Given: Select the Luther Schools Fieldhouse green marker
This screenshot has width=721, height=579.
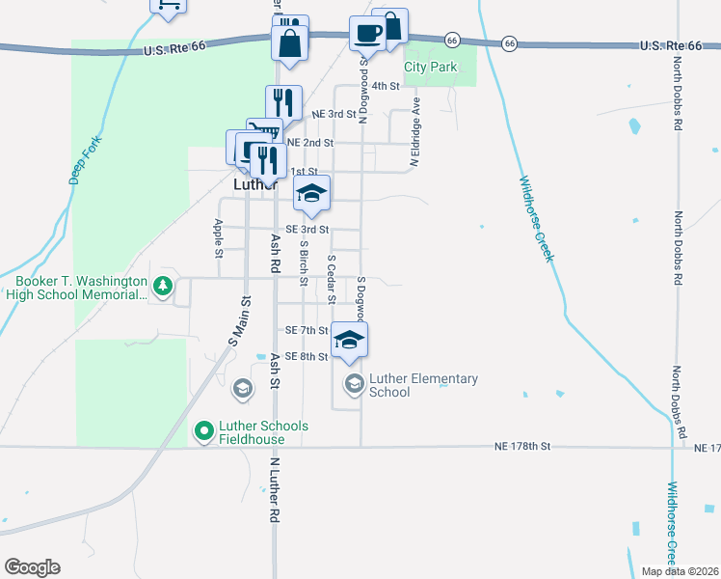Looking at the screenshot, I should [x=203, y=431].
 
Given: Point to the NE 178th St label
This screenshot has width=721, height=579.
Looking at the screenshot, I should [x=521, y=447].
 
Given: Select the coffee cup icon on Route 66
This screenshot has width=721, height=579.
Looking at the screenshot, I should [x=368, y=34].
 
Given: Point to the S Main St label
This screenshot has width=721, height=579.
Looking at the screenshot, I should [x=239, y=321].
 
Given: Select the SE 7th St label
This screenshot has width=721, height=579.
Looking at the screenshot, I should [x=307, y=330].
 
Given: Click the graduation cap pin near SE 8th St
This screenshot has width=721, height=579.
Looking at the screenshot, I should [x=350, y=340].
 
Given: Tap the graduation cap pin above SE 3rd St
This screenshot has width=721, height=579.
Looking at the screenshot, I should [x=311, y=193].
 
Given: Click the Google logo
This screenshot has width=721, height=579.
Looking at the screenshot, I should [x=32, y=567].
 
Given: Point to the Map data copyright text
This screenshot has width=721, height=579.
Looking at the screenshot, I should [x=680, y=571].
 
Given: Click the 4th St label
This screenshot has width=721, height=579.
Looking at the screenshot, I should [x=386, y=86].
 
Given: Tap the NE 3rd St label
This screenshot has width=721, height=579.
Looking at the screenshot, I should [x=334, y=114].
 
